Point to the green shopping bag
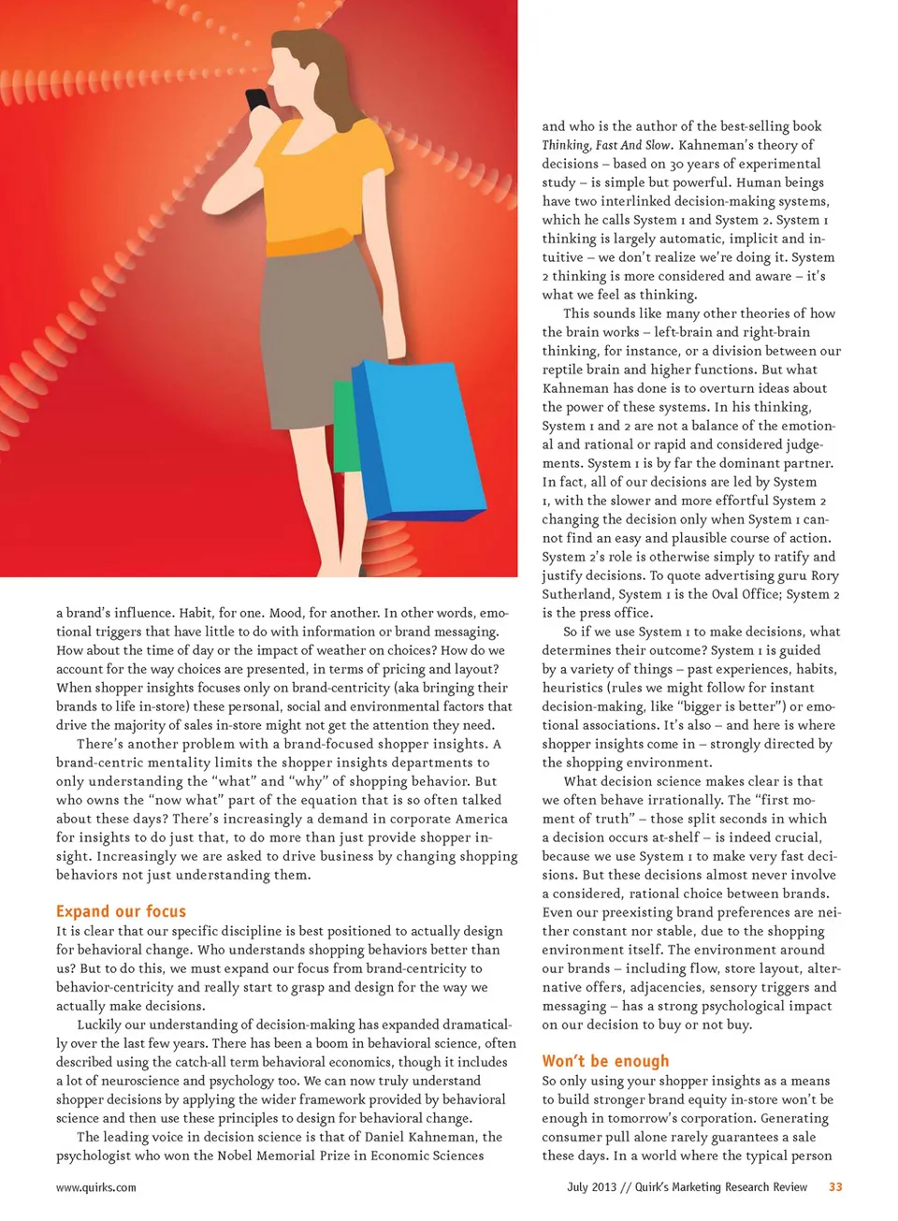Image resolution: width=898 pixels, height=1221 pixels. [345, 427]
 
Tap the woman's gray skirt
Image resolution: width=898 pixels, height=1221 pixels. [304, 309]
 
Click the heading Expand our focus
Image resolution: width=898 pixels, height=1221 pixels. [121, 911]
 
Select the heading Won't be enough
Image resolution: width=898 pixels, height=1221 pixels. [605, 1061]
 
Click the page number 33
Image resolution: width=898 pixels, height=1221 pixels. [835, 1187]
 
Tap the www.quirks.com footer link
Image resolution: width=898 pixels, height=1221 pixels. [95, 1187]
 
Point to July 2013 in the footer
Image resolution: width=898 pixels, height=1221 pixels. [591, 1187]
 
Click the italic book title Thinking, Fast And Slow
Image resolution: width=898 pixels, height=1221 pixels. [606, 145]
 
